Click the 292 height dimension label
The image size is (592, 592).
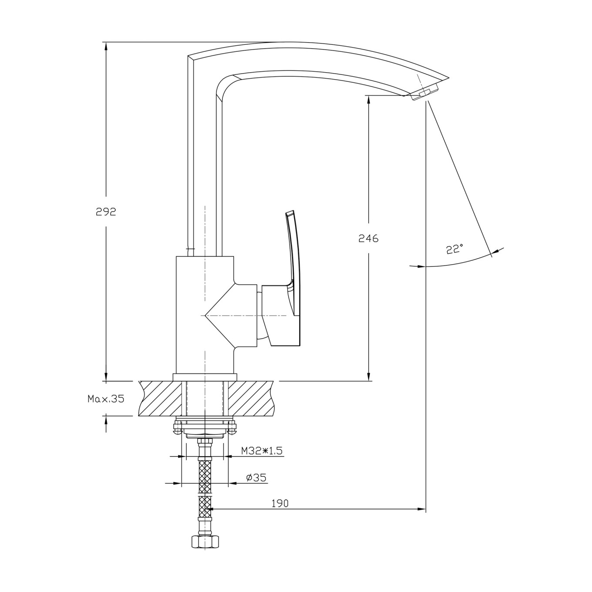click(106, 212)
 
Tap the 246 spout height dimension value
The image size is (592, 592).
click(368, 239)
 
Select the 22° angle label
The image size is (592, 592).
click(455, 249)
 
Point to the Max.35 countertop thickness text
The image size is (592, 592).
click(106, 399)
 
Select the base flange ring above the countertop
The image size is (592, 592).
click(205, 377)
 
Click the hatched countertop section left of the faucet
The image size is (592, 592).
click(160, 398)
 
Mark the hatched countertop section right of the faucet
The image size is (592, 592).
click(250, 398)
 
